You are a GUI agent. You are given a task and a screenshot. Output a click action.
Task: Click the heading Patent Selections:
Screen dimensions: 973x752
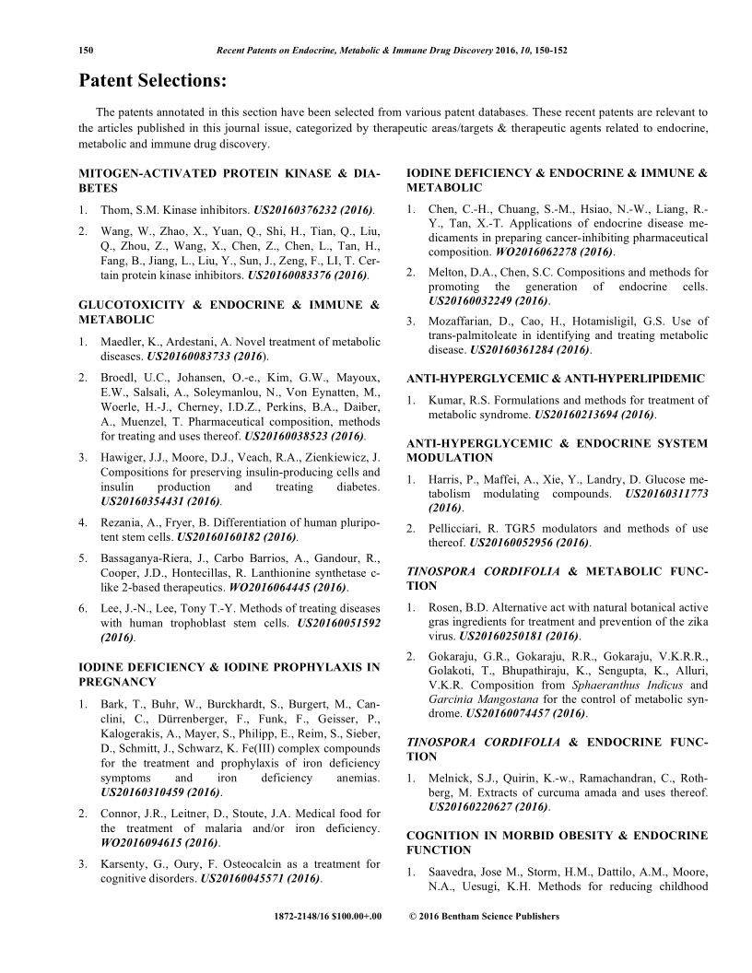(x=152, y=81)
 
